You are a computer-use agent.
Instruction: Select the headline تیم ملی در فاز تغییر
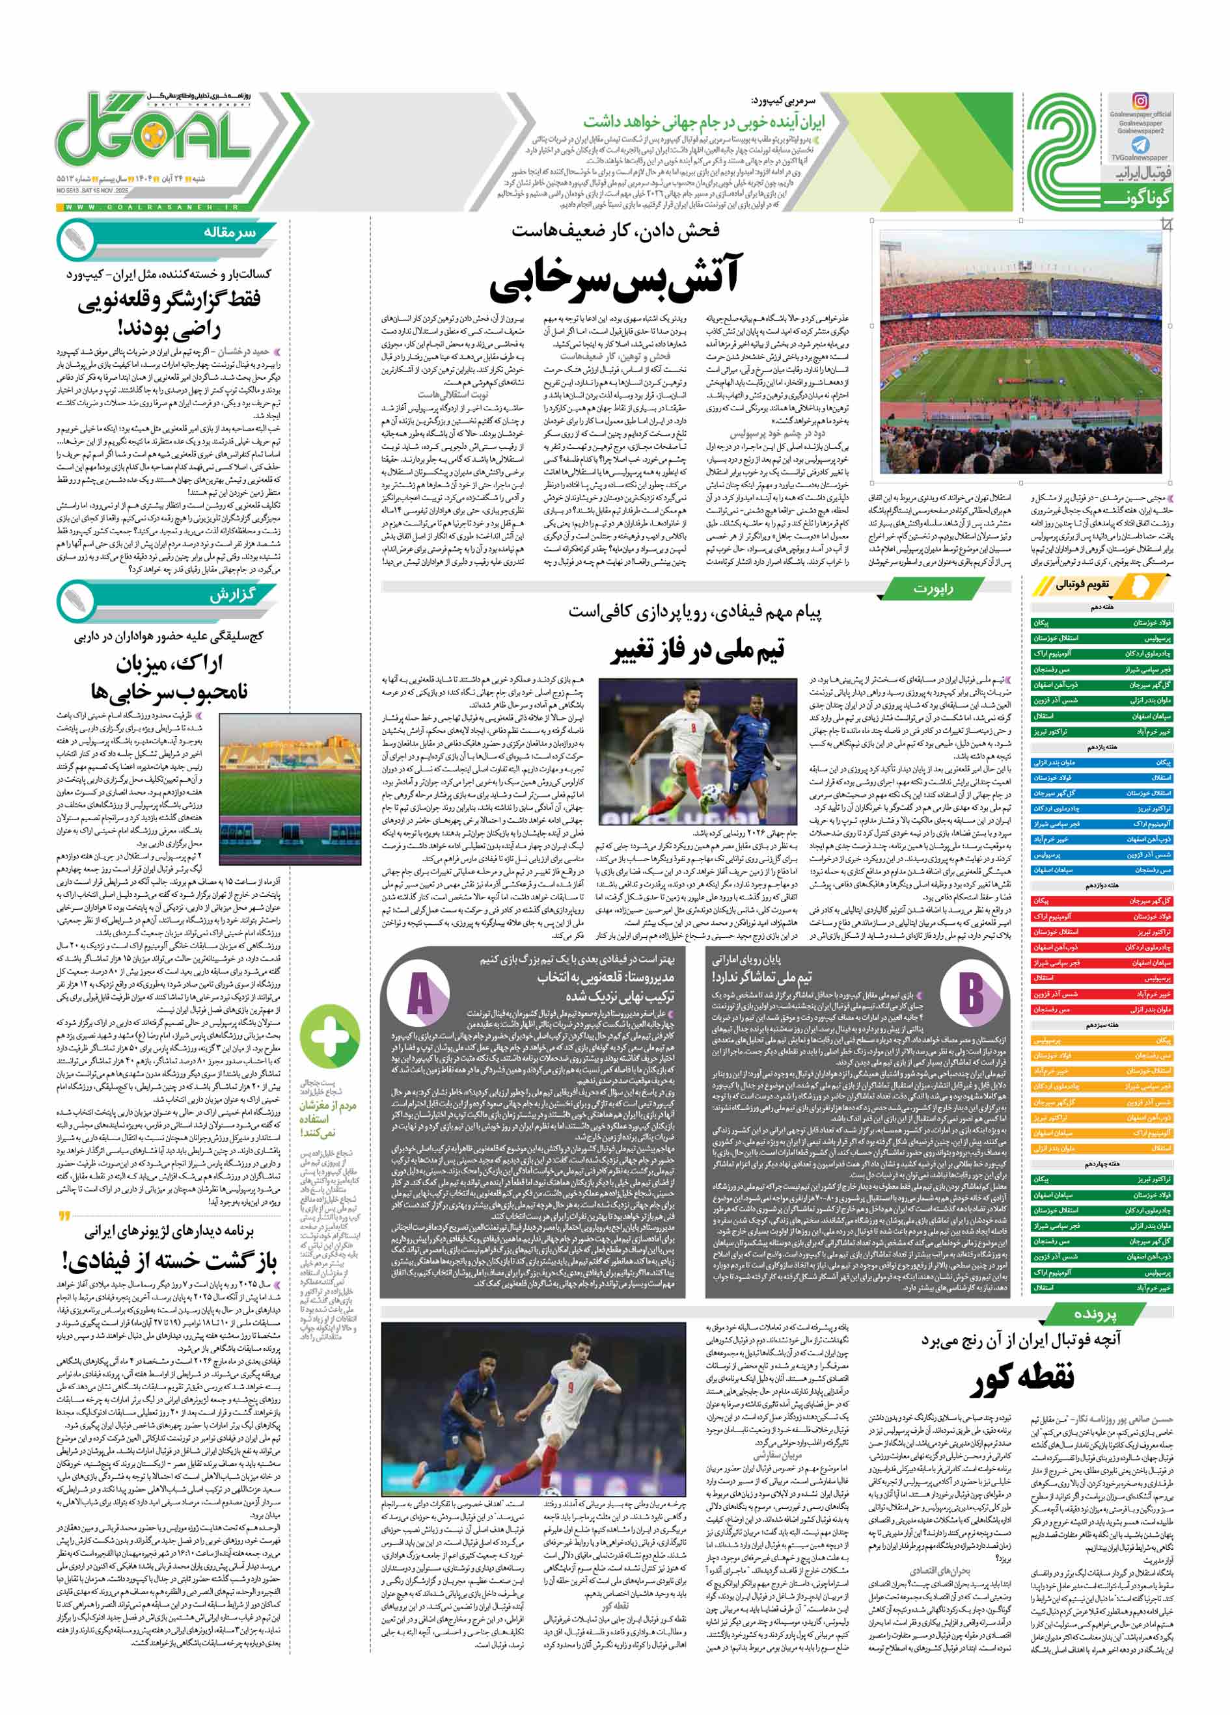tap(698, 650)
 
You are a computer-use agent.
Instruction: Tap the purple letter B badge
tap(970, 991)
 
